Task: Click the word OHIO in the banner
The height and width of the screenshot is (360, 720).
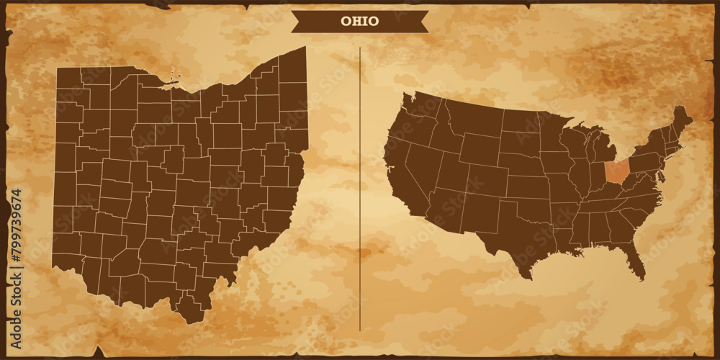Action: (x=359, y=22)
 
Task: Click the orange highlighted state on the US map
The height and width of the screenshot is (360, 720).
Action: (x=616, y=171)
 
